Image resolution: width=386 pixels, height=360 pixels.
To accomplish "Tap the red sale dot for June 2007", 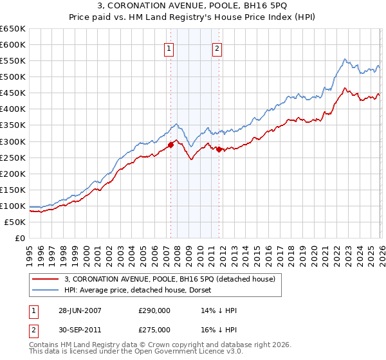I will (x=171, y=145).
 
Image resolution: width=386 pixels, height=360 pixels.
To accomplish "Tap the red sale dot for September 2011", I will (x=219, y=149).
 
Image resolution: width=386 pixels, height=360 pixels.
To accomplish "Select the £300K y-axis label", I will (x=14, y=141).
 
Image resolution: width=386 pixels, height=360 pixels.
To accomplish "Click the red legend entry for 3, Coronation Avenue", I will (x=170, y=279).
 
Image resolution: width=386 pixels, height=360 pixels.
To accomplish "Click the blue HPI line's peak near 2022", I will (x=345, y=59).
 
